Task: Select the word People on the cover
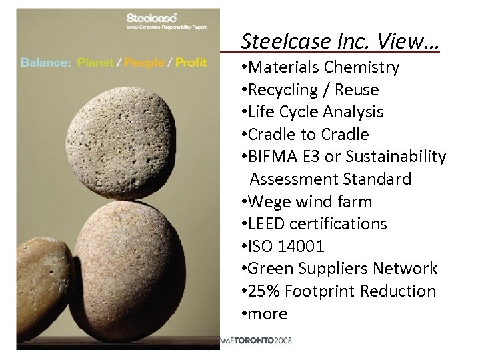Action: click(144, 63)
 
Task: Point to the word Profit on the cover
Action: click(191, 63)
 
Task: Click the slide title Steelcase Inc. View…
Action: click(340, 41)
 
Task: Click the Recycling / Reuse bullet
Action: click(313, 90)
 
